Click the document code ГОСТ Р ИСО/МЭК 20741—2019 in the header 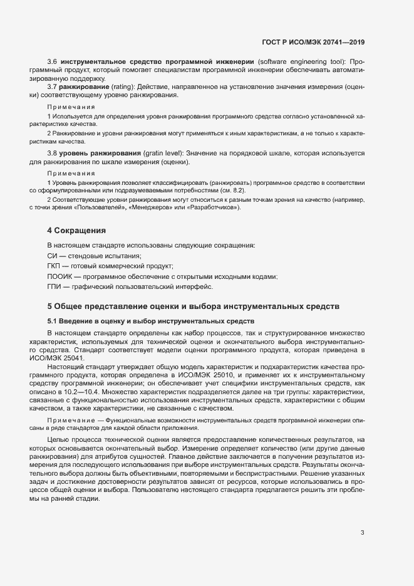coord(313,42)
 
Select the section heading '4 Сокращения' coord(76,231)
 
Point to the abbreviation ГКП coord(54,266)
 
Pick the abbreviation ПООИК coord(59,276)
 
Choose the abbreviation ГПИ coord(54,286)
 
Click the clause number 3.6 coord(53,61)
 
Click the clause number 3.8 coord(53,153)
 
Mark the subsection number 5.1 coord(53,320)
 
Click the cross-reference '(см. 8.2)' coord(232,190)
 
